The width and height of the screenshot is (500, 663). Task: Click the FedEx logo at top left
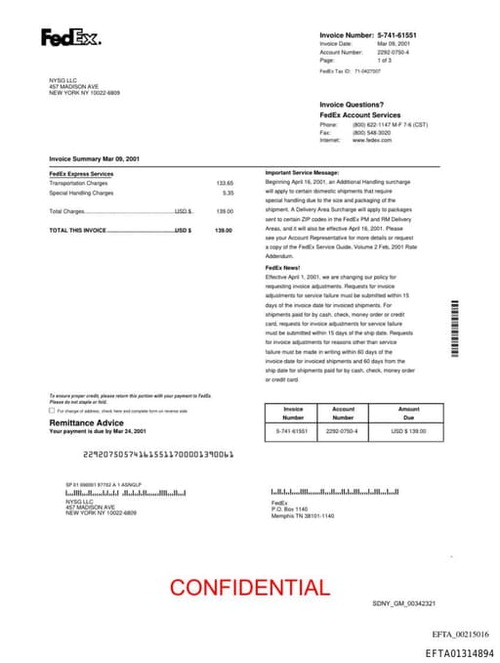click(x=69, y=37)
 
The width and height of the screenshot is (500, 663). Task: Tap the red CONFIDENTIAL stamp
click(x=249, y=588)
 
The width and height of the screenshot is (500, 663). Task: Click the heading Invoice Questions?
click(x=352, y=105)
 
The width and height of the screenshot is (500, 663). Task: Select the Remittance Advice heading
click(x=87, y=422)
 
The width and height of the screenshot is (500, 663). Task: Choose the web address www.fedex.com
click(x=372, y=140)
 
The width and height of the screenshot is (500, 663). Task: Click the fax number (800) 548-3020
click(x=372, y=132)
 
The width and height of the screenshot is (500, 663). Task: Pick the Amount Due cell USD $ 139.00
click(x=409, y=430)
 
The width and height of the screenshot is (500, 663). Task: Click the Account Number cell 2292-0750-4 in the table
click(x=342, y=430)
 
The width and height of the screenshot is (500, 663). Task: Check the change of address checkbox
click(x=52, y=412)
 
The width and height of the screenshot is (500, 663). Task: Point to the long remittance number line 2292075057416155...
click(x=157, y=455)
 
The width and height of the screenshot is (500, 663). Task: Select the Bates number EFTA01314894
click(x=459, y=652)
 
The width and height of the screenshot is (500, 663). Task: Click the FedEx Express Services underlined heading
click(x=81, y=174)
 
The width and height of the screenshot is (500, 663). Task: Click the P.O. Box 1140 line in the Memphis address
click(x=289, y=508)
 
